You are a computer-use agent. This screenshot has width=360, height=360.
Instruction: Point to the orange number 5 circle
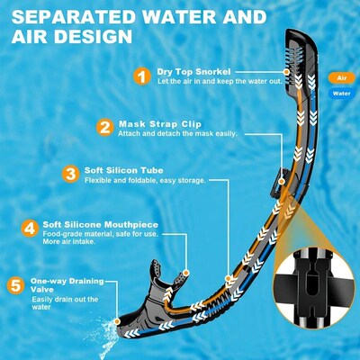click(14, 286)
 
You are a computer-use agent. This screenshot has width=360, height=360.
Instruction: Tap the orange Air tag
click(343, 78)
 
